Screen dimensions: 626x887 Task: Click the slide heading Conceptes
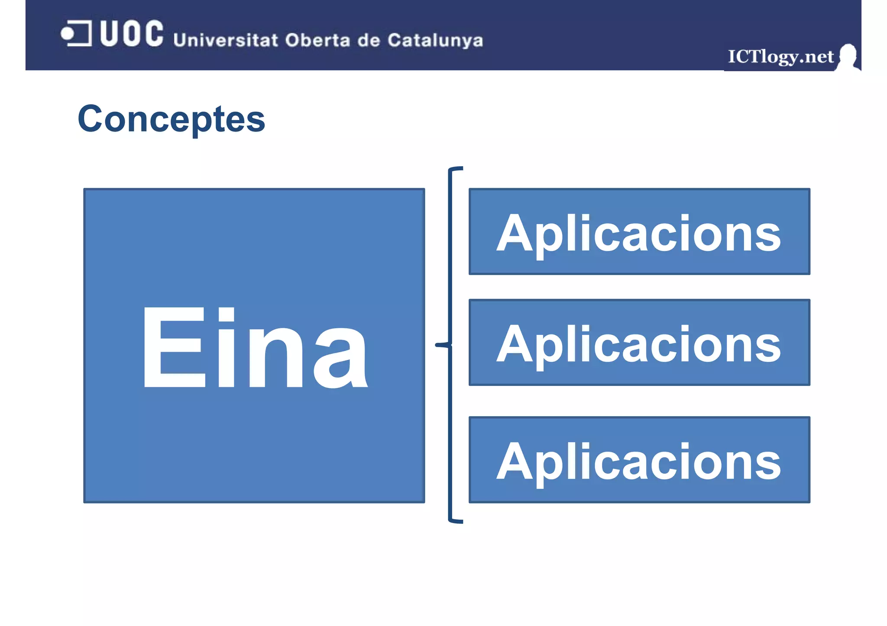coord(172,119)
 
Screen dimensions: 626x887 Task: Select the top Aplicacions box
coord(639,231)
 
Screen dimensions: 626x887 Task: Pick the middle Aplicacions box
coord(639,342)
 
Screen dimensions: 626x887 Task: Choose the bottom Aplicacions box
coord(639,460)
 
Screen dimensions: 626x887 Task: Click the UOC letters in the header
coord(132,33)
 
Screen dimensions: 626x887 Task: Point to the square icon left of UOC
coord(76,33)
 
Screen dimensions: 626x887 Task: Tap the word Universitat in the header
coord(225,40)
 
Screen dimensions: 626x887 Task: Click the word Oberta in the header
coord(317,40)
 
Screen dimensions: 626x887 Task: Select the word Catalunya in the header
coord(435,41)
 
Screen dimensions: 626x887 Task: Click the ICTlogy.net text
coord(780,57)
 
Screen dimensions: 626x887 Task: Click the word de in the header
coord(369,40)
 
